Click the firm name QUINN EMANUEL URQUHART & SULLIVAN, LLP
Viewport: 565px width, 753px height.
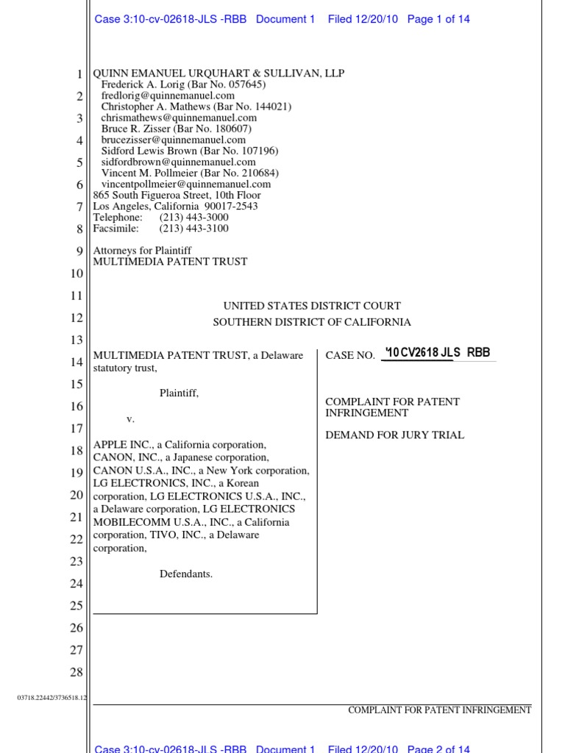click(218, 74)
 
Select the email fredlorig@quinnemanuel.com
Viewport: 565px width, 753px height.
click(168, 96)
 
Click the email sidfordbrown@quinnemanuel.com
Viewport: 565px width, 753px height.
click(178, 162)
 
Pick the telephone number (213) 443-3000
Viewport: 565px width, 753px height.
click(193, 218)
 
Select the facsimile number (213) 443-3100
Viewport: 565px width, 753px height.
click(193, 229)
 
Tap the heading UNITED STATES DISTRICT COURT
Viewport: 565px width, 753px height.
click(312, 306)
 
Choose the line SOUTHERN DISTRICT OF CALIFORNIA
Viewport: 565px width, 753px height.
click(312, 322)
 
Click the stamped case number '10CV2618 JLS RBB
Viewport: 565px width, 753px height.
click(437, 353)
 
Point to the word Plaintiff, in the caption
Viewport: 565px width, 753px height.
click(179, 393)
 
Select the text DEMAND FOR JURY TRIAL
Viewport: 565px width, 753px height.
click(395, 435)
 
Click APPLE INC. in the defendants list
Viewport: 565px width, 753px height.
click(118, 445)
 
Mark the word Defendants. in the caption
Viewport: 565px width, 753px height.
click(186, 574)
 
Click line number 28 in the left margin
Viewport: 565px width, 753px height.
click(77, 672)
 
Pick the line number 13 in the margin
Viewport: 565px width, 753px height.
click(77, 340)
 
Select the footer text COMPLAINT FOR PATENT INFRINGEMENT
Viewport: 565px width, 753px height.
click(439, 710)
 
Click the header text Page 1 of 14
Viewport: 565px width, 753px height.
click(438, 20)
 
